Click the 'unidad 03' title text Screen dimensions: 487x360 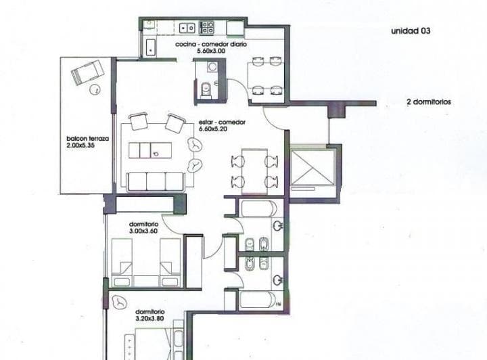pos(411,30)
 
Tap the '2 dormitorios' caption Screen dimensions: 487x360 pos(429,102)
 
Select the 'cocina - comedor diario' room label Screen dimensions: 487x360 pos(211,44)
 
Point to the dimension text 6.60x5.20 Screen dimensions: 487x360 pos(212,129)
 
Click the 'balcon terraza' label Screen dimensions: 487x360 pos(87,139)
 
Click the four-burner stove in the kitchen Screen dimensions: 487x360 pos(206,27)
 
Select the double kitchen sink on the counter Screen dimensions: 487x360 pos(187,28)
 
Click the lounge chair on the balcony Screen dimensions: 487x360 pos(87,72)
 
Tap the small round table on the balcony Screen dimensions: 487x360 pos(95,90)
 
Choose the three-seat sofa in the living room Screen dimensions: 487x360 pos(156,182)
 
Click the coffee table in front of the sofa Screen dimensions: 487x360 pos(150,150)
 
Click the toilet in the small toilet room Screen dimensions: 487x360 pos(206,89)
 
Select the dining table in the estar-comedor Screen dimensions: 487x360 pos(255,171)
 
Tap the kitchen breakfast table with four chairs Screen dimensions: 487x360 pos(266,76)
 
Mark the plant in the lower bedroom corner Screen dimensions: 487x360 pos(118,301)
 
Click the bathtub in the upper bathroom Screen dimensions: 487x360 pos(258,208)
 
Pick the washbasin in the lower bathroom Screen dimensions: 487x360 pos(277,280)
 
